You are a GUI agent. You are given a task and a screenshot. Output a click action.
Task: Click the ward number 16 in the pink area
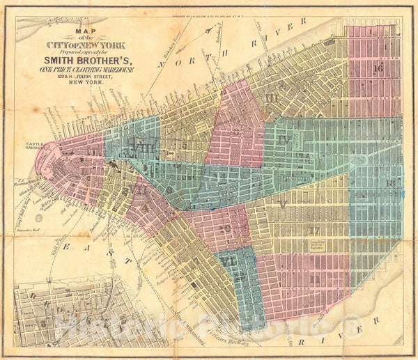378,68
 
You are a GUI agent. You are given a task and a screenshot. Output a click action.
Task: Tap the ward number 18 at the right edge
390,182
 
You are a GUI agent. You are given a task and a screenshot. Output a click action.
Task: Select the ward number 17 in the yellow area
315,230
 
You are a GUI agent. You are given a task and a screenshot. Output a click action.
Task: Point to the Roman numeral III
271,97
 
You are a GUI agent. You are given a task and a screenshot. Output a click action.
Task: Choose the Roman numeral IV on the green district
282,139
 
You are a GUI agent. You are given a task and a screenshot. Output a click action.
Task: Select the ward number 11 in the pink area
315,278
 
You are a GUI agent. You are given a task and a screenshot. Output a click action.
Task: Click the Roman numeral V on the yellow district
281,204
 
